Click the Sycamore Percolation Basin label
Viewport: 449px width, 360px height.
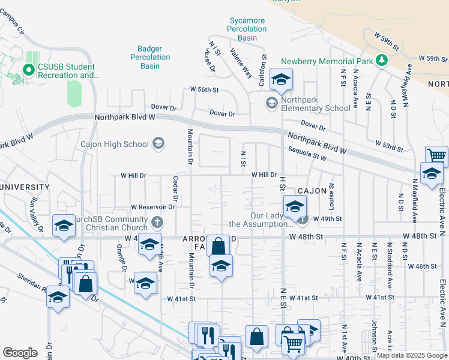point(247,29)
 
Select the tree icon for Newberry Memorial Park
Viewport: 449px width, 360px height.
point(381,60)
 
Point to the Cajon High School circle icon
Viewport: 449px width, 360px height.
point(158,143)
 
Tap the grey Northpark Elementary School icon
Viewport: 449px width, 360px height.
point(272,103)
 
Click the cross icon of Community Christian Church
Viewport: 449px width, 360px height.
point(157,223)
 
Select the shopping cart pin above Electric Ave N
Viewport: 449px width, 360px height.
point(436,156)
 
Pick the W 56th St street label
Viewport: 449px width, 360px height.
point(205,89)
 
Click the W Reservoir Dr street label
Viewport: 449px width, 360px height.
point(152,206)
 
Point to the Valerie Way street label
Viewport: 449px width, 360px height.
point(241,64)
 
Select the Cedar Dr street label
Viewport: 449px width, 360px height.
point(176,189)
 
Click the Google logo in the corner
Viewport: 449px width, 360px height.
point(20,353)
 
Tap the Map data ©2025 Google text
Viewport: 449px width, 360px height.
point(411,356)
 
